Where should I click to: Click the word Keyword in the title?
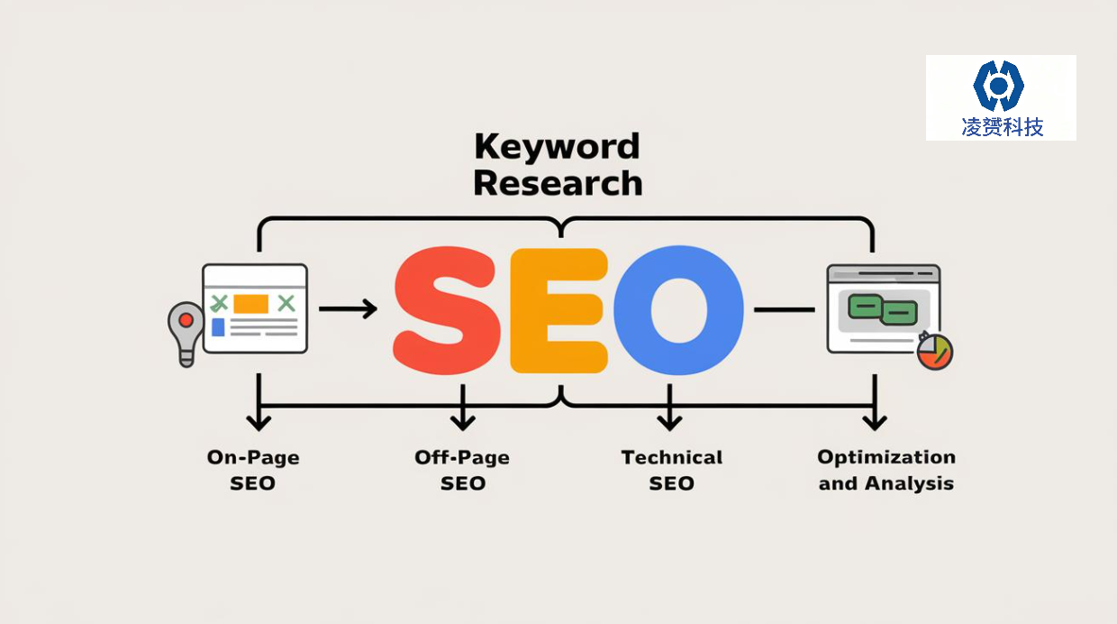pyautogui.click(x=557, y=147)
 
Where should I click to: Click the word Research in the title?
pyautogui.click(x=558, y=183)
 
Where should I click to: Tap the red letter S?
pyautogui.click(x=446, y=310)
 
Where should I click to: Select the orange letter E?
pyautogui.click(x=559, y=310)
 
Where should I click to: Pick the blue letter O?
pyautogui.click(x=678, y=310)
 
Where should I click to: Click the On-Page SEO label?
pyautogui.click(x=253, y=470)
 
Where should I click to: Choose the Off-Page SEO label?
pyautogui.click(x=462, y=470)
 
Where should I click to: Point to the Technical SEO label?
pyautogui.click(x=672, y=470)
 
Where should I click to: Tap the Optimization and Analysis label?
pyautogui.click(x=886, y=470)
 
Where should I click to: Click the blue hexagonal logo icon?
pyautogui.click(x=999, y=86)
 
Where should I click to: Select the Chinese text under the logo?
pyautogui.click(x=1003, y=127)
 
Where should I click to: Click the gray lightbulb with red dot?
pyautogui.click(x=186, y=334)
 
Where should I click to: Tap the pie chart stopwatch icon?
pyautogui.click(x=935, y=351)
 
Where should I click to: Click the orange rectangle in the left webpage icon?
pyautogui.click(x=250, y=304)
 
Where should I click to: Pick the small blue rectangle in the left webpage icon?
pyautogui.click(x=218, y=327)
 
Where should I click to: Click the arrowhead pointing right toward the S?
pyautogui.click(x=370, y=309)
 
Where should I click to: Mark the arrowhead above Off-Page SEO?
pyautogui.click(x=463, y=422)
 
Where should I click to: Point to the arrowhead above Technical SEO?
pyautogui.click(x=669, y=422)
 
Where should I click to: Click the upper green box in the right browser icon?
pyautogui.click(x=865, y=306)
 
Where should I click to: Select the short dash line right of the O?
pyautogui.click(x=785, y=310)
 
